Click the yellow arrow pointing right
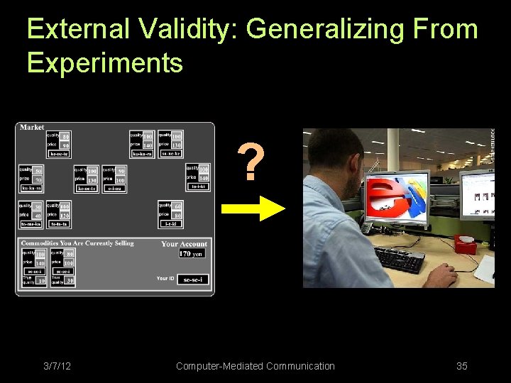pyautogui.click(x=253, y=208)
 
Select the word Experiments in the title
pyautogui.click(x=105, y=63)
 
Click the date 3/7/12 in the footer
pyautogui.click(x=57, y=366)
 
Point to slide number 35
pyautogui.click(x=462, y=366)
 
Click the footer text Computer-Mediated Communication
pyautogui.click(x=255, y=366)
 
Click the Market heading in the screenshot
pyautogui.click(x=32, y=128)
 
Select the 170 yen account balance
pyautogui.click(x=191, y=253)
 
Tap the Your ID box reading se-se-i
pyautogui.click(x=192, y=279)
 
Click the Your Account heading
pyautogui.click(x=184, y=244)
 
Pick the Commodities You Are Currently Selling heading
pyautogui.click(x=77, y=243)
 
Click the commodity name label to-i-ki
pyautogui.click(x=198, y=187)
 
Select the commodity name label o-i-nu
pyautogui.click(x=114, y=189)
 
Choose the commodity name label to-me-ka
pyautogui.click(x=31, y=223)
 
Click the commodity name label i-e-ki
pyautogui.click(x=170, y=223)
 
